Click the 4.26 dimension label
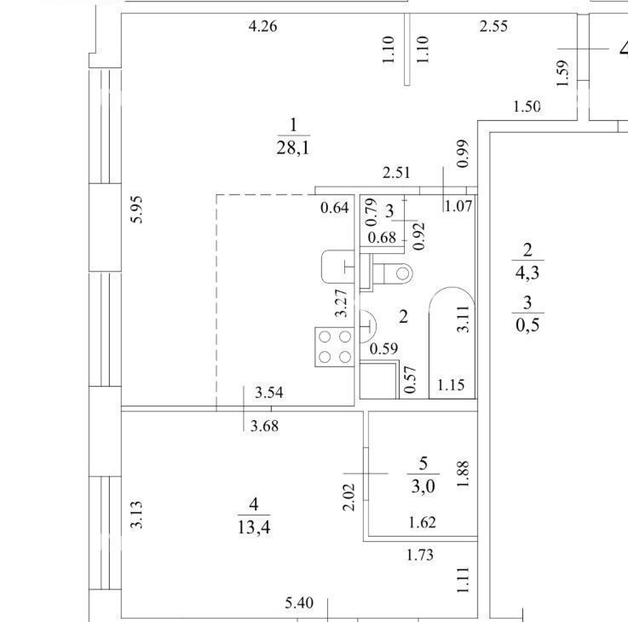(x=262, y=26)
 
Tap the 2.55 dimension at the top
(x=493, y=26)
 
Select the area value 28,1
(x=293, y=148)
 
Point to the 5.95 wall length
(x=137, y=209)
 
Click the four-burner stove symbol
(x=335, y=347)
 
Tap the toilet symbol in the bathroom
(x=390, y=274)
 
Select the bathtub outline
(x=452, y=343)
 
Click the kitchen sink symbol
(x=337, y=267)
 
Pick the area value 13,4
(x=254, y=527)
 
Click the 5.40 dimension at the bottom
(x=299, y=603)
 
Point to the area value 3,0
(x=423, y=487)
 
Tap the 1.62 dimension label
(x=422, y=522)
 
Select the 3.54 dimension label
(x=269, y=393)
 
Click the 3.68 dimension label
(x=264, y=426)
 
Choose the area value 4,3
(x=527, y=274)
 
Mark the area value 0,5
(x=527, y=325)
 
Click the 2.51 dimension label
(x=396, y=173)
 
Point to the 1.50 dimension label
(x=527, y=107)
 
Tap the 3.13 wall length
(x=137, y=515)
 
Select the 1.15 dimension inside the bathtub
(x=451, y=385)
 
